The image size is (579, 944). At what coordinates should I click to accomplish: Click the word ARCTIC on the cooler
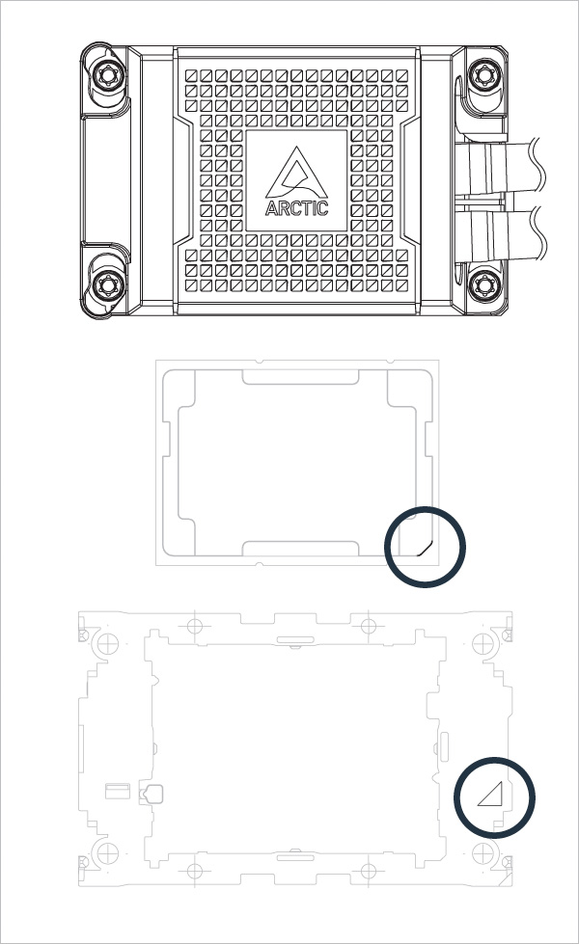296,207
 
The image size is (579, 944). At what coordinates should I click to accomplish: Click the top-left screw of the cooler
107,74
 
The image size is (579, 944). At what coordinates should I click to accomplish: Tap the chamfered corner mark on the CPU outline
424,546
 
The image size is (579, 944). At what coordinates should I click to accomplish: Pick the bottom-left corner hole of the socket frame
100,850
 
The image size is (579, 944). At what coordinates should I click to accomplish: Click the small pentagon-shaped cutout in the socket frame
152,795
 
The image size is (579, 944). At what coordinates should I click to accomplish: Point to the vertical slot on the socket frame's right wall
445,745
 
